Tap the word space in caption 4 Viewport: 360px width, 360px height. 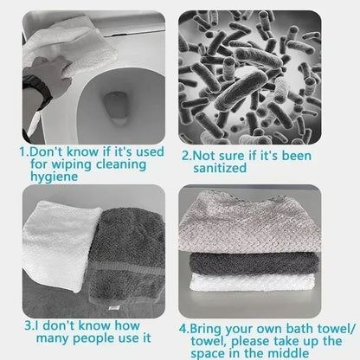pyautogui.click(x=218, y=354)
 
